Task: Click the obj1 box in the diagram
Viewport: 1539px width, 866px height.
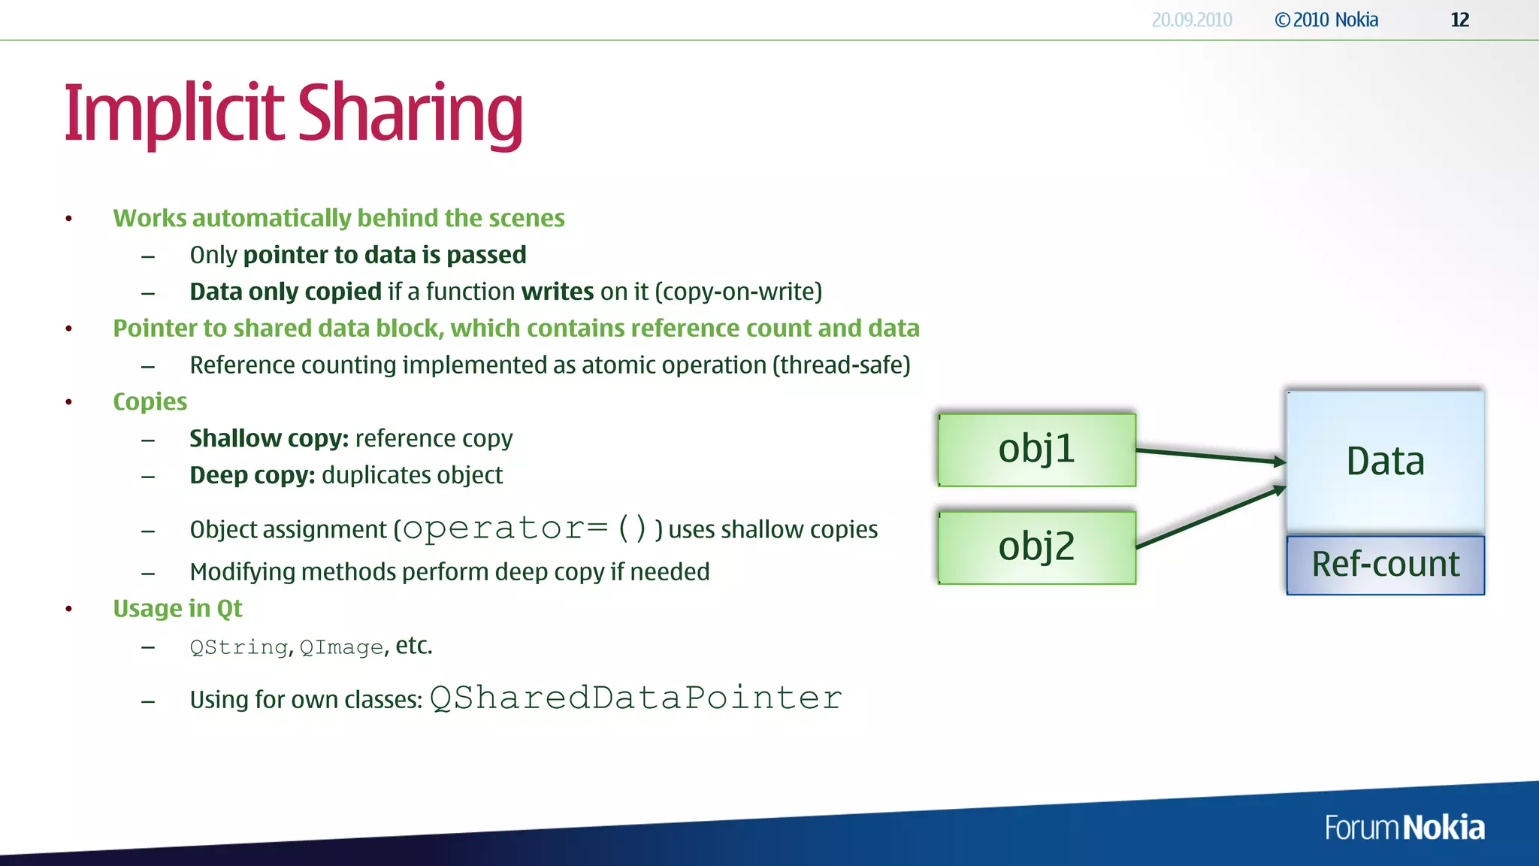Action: [1036, 450]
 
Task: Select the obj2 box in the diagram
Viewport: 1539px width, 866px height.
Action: [1036, 547]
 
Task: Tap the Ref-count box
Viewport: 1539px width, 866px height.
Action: [1385, 565]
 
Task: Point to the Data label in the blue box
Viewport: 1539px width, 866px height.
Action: [1385, 461]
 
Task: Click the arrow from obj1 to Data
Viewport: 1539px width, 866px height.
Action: [1210, 456]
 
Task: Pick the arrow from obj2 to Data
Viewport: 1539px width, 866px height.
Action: [1210, 517]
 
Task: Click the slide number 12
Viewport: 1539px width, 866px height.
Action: [1459, 20]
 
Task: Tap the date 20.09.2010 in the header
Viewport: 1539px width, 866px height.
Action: [1192, 20]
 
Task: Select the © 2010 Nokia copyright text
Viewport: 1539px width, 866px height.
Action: [1326, 20]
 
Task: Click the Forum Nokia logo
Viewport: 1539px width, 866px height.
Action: [1404, 828]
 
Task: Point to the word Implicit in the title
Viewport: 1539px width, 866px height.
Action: [174, 114]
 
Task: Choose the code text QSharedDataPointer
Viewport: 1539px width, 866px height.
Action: [636, 698]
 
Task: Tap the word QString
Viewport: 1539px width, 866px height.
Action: [238, 647]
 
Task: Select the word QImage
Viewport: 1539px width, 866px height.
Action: [341, 647]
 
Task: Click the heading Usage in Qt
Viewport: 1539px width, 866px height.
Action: [177, 608]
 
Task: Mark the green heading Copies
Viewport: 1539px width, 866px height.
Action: [150, 401]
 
